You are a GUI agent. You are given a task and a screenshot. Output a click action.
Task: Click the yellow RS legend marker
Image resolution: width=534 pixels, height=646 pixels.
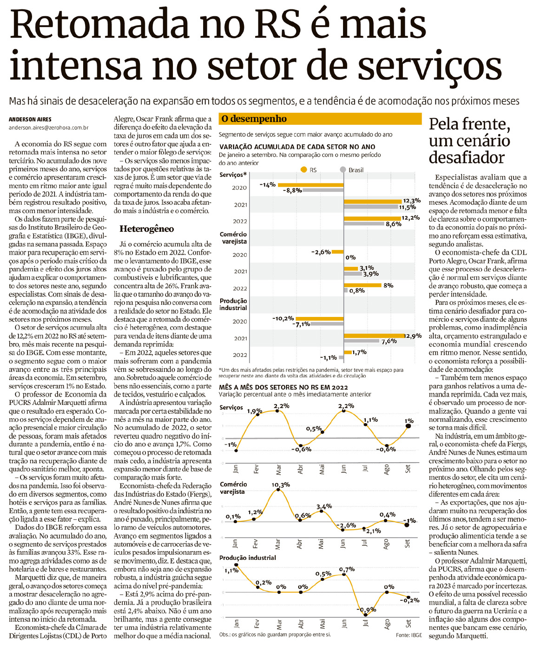point(304,170)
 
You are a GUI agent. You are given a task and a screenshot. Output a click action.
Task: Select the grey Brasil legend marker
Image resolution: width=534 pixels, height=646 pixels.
point(343,170)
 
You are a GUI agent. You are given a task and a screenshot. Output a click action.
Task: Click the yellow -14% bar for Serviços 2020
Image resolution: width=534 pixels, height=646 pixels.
point(310,185)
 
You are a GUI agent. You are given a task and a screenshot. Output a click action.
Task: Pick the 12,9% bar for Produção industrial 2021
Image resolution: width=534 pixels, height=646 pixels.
point(374,336)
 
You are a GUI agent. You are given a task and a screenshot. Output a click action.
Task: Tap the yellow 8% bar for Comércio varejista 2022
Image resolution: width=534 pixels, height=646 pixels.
point(363,285)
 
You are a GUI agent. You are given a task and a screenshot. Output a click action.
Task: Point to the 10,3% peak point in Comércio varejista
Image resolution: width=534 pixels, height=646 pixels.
point(278,490)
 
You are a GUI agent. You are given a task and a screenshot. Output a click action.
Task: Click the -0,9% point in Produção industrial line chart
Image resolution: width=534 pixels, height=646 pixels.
point(365,615)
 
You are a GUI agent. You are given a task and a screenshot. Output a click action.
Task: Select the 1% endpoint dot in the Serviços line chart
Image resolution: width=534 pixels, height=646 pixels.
point(408,426)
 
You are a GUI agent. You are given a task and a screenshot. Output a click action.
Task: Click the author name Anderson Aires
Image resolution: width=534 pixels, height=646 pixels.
point(30,120)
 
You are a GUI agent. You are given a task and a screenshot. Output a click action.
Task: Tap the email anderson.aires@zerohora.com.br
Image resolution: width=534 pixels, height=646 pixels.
point(48,128)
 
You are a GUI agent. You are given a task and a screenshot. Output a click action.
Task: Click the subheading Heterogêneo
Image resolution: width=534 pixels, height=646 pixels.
point(146,229)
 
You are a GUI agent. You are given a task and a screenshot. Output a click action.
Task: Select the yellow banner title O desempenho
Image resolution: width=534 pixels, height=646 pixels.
point(254,119)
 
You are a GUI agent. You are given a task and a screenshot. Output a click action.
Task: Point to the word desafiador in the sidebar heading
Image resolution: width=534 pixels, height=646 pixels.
point(467,157)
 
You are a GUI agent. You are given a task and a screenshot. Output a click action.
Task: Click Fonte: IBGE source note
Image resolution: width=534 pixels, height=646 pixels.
point(409,635)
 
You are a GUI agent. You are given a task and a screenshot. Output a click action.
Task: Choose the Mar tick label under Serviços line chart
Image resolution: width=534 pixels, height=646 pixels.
point(278,469)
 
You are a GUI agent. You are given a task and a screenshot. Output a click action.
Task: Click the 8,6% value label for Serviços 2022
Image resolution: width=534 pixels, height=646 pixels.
point(394,224)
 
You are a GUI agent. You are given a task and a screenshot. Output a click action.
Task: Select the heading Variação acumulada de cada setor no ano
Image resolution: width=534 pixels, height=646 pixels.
point(297,147)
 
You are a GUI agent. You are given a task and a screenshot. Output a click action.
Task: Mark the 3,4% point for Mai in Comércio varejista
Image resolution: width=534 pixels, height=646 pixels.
point(321,511)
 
